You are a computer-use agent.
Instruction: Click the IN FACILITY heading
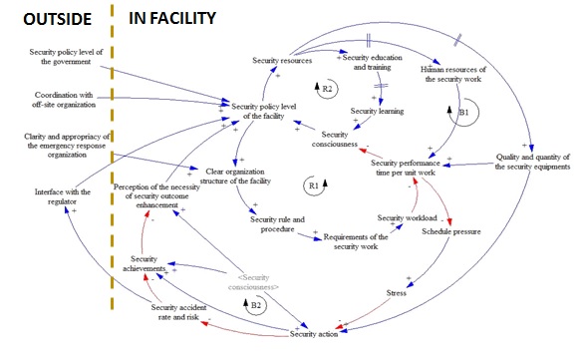click(180, 17)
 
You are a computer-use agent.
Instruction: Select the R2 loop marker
click(327, 91)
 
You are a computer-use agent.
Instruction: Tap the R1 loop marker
click(315, 185)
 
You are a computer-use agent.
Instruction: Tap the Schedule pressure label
click(452, 230)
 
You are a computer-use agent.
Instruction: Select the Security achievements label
click(145, 263)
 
